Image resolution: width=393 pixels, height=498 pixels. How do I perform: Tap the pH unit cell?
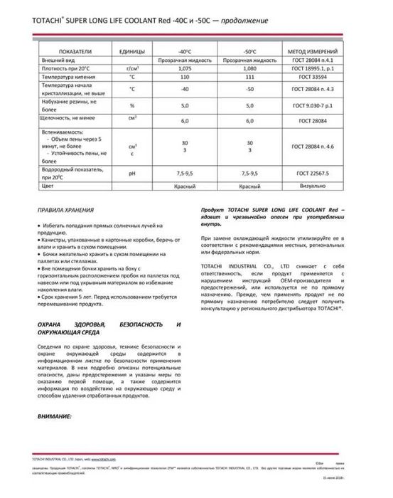[x=132, y=173]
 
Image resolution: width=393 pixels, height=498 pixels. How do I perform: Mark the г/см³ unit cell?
[x=132, y=68]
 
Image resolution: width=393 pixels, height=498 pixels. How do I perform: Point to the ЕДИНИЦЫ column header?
[x=132, y=52]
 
